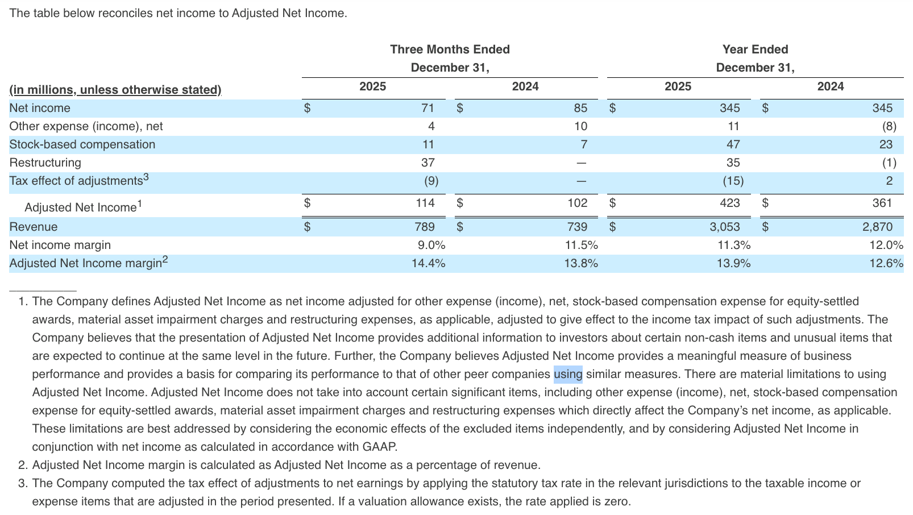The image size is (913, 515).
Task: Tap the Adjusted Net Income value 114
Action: click(x=425, y=203)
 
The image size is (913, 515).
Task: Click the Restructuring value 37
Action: click(x=428, y=163)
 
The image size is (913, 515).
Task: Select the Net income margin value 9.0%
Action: click(x=431, y=245)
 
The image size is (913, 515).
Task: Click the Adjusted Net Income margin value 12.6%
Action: click(x=886, y=263)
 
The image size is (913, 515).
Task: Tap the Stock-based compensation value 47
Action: click(x=733, y=144)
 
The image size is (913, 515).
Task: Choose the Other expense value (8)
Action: click(x=889, y=126)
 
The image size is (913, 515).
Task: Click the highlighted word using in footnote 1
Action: click(x=568, y=374)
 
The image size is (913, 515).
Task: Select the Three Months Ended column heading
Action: click(x=450, y=49)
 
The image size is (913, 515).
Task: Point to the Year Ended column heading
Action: click(x=755, y=49)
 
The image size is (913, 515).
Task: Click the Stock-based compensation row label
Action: click(x=82, y=144)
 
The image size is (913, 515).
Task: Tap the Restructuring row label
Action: click(x=45, y=163)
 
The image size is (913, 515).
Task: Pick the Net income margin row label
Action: click(x=60, y=245)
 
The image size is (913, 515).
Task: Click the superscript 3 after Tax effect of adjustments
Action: click(x=146, y=177)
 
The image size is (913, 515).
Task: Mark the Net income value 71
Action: click(x=428, y=108)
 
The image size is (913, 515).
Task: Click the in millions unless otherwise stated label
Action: click(x=115, y=90)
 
